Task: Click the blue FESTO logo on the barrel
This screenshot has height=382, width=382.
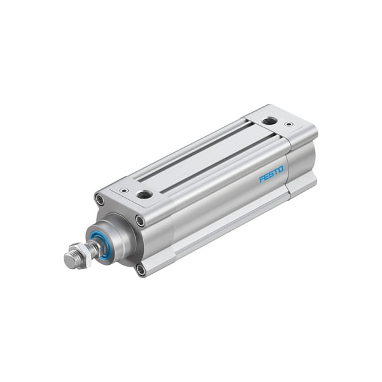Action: click(271, 176)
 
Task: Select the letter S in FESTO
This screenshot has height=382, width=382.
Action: click(271, 176)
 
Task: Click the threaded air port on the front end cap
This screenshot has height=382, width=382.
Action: click(145, 194)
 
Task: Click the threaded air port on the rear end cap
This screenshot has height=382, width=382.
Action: click(269, 120)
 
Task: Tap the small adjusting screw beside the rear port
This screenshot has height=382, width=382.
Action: click(289, 125)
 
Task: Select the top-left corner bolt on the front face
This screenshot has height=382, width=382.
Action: click(99, 200)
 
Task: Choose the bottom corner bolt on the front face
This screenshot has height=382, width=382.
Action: click(140, 269)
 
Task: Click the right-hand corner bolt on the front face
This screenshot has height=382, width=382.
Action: click(139, 220)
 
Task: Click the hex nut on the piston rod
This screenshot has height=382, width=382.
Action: click(82, 253)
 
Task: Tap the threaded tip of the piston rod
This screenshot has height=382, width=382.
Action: click(69, 260)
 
